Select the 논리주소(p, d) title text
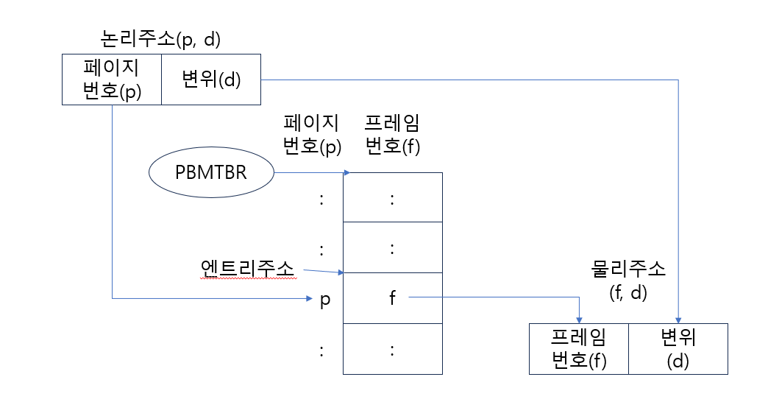pos(161,39)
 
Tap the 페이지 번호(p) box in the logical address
pos(112,79)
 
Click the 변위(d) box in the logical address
pos(211,79)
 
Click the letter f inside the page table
pos(392,298)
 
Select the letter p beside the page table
pos(324,300)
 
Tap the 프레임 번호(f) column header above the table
pos(392,134)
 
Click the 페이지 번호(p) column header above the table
pos(313,134)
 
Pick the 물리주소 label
pos(628,269)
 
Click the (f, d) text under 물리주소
pos(628,292)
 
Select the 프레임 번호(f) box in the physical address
pos(578,349)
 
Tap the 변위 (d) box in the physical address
pos(678,349)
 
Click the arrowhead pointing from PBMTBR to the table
pos(345,174)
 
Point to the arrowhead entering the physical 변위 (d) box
pos(678,320)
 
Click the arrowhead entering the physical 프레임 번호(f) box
pos(580,320)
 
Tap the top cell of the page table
pos(392,197)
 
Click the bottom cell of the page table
pos(392,349)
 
